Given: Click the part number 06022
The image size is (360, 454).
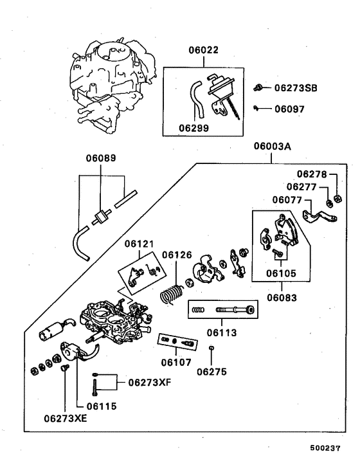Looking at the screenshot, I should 204,50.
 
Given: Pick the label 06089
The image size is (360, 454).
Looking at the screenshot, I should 102,158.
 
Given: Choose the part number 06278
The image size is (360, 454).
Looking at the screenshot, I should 312,174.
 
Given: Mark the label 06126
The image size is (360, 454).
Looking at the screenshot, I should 177,255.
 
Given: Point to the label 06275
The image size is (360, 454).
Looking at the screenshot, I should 212,371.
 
